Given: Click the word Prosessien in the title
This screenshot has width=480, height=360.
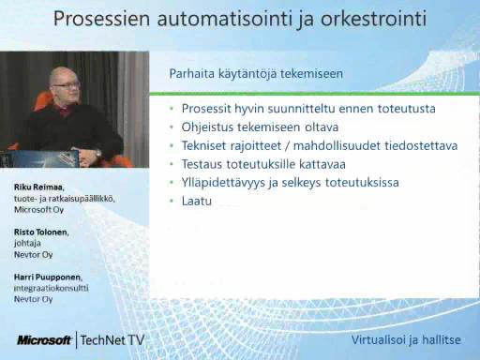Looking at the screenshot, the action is coord(102,19).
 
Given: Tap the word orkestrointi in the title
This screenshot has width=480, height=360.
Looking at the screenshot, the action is coord(373,19).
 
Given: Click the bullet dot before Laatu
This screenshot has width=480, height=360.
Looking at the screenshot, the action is coord(172,201).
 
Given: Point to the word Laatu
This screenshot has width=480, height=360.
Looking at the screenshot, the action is coord(197,201).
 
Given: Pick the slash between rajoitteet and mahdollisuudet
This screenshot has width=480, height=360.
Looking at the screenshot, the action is coord(287,145).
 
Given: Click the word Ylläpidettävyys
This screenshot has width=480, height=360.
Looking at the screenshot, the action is coord(223,183).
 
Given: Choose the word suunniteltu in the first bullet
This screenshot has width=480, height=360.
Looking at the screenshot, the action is coord(301,109).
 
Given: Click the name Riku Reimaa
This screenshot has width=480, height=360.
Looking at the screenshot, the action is coord(39,187).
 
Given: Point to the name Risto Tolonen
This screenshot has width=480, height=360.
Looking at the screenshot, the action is coord(41,232).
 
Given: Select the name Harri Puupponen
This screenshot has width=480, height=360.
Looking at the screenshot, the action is coord(48,277).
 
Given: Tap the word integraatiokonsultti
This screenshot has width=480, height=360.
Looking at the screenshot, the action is coord(52,288).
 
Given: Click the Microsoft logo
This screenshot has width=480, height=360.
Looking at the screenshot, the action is coord(44,340).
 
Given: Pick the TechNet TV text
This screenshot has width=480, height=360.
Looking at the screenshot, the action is coord(112,340).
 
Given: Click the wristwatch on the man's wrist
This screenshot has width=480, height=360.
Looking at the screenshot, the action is coord(98,153).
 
